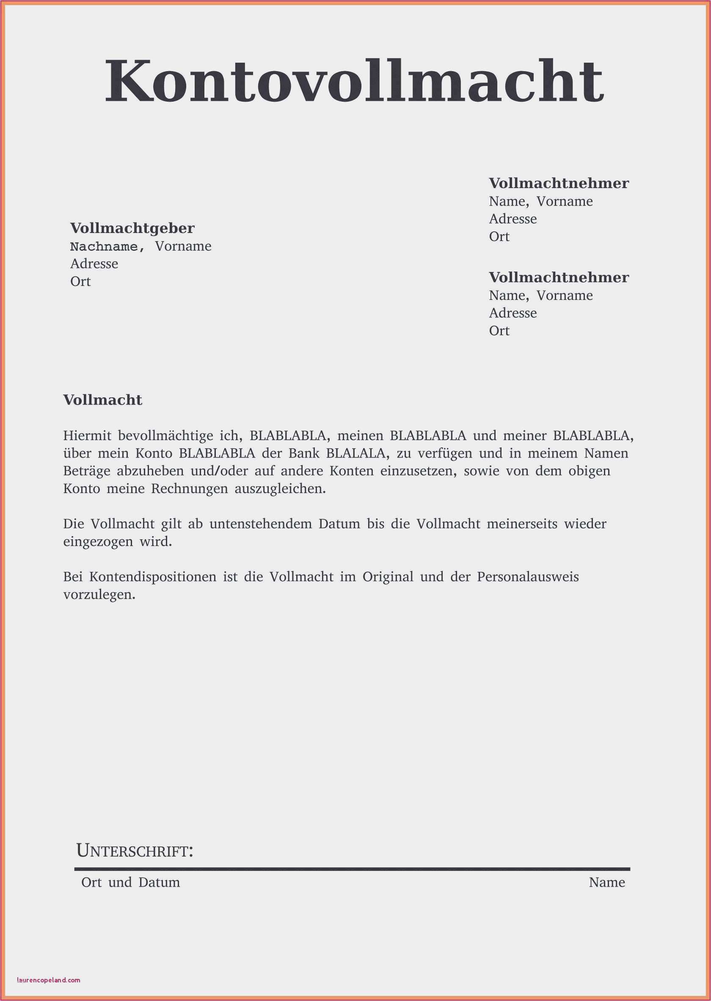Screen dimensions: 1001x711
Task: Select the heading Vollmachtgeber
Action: coord(132,228)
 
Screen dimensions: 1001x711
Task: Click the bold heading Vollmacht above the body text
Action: coord(102,400)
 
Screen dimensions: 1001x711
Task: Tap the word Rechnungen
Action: coord(190,489)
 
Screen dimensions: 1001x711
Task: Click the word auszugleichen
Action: coord(280,489)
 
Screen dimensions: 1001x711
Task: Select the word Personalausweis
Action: coord(528,577)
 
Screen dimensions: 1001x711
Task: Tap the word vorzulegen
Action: coord(99,595)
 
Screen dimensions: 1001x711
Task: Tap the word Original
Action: coord(388,577)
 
